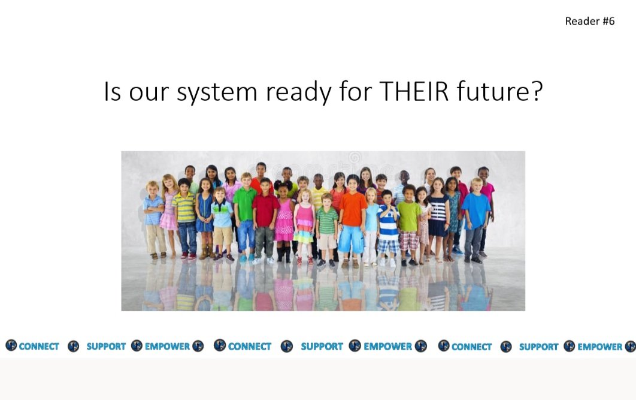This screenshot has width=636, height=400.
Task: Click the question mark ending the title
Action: [x=536, y=92]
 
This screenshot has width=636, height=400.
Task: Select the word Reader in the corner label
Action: [x=582, y=22]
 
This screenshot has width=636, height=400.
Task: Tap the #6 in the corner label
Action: [x=608, y=22]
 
